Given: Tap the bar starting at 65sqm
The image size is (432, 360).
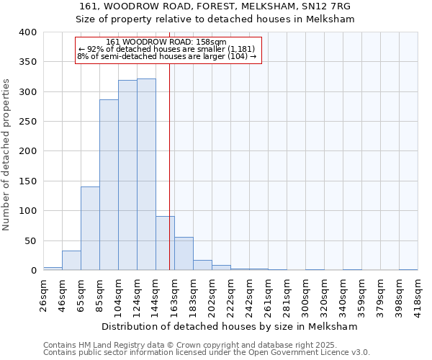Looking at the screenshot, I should [x=90, y=228].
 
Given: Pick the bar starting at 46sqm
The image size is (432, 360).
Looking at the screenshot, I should [x=71, y=261].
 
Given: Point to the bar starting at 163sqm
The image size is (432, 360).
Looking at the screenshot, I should [x=184, y=253].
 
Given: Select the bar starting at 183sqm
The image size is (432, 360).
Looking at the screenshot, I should [x=202, y=265].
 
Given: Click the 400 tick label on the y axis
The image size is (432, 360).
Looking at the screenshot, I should [x=27, y=32].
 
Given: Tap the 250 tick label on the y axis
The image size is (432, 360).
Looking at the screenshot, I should [x=27, y=122].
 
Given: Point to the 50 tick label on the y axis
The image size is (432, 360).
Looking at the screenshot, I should [x=30, y=240].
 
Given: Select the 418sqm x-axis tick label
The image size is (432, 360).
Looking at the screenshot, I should [x=420, y=294].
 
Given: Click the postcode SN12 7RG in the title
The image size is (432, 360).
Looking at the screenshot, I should [x=331, y=6].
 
